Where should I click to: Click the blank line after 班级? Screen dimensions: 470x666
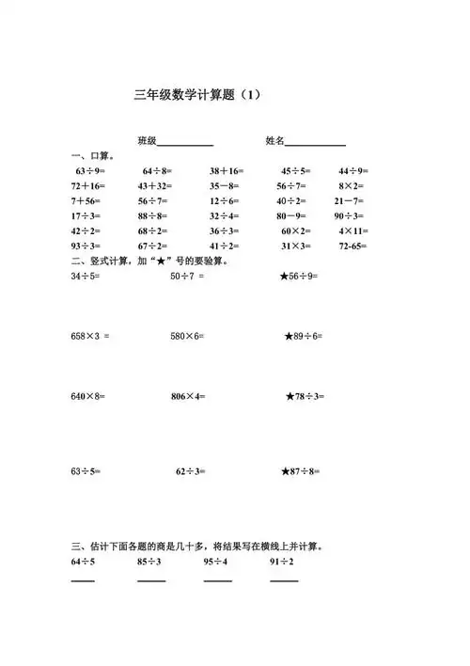185,145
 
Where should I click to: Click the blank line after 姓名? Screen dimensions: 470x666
315,145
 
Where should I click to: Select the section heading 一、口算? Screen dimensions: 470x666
92,156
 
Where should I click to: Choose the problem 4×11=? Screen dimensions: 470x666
354,231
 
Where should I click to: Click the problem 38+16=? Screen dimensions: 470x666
227,171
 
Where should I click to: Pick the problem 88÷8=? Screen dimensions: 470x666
153,216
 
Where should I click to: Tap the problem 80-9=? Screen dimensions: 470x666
293,216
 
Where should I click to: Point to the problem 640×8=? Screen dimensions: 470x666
87,397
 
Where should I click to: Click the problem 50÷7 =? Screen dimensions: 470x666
187,277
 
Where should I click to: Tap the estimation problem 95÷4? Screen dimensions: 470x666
216,563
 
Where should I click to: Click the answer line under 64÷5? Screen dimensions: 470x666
83,580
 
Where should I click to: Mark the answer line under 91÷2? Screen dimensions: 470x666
284,580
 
